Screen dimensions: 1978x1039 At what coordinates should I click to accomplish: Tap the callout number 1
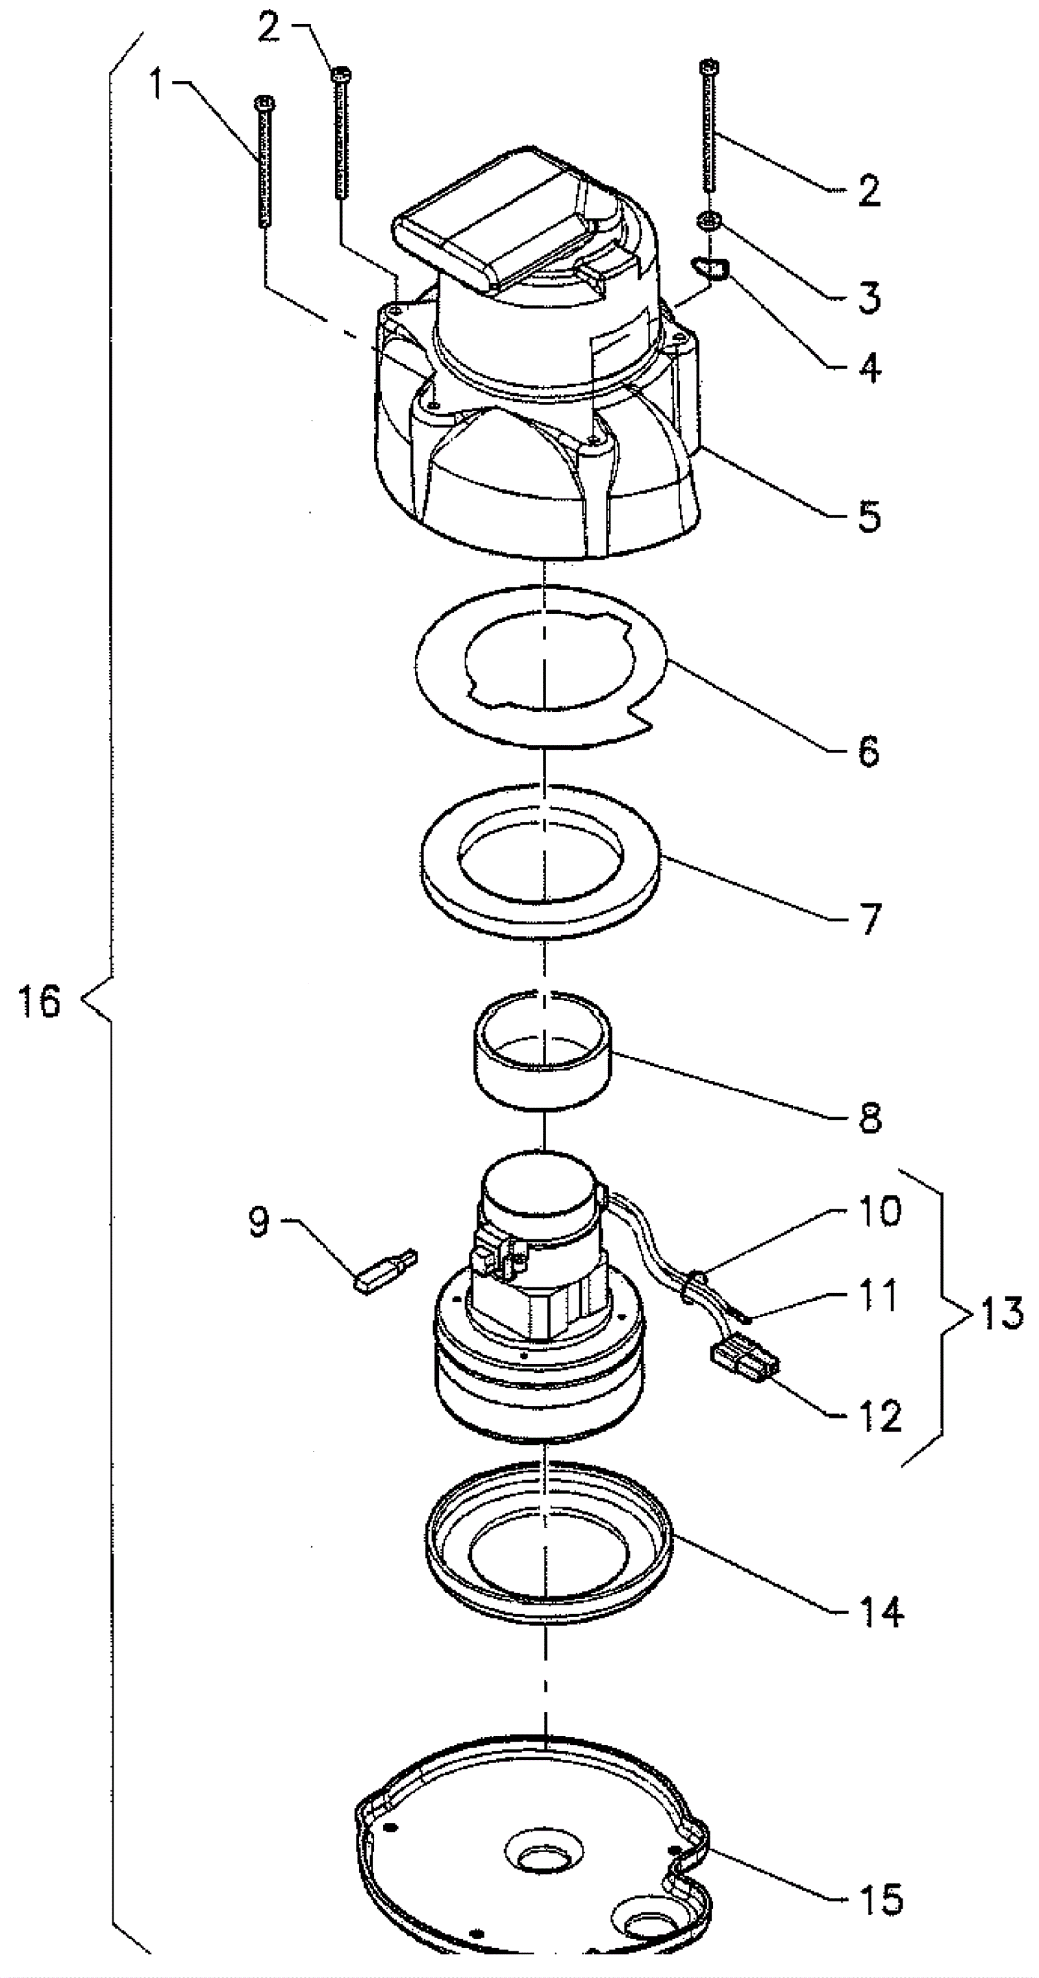pyautogui.click(x=156, y=85)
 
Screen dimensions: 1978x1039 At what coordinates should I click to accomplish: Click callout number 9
pyautogui.click(x=259, y=1221)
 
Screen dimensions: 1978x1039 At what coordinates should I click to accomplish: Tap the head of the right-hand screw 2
pyautogui.click(x=710, y=66)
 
